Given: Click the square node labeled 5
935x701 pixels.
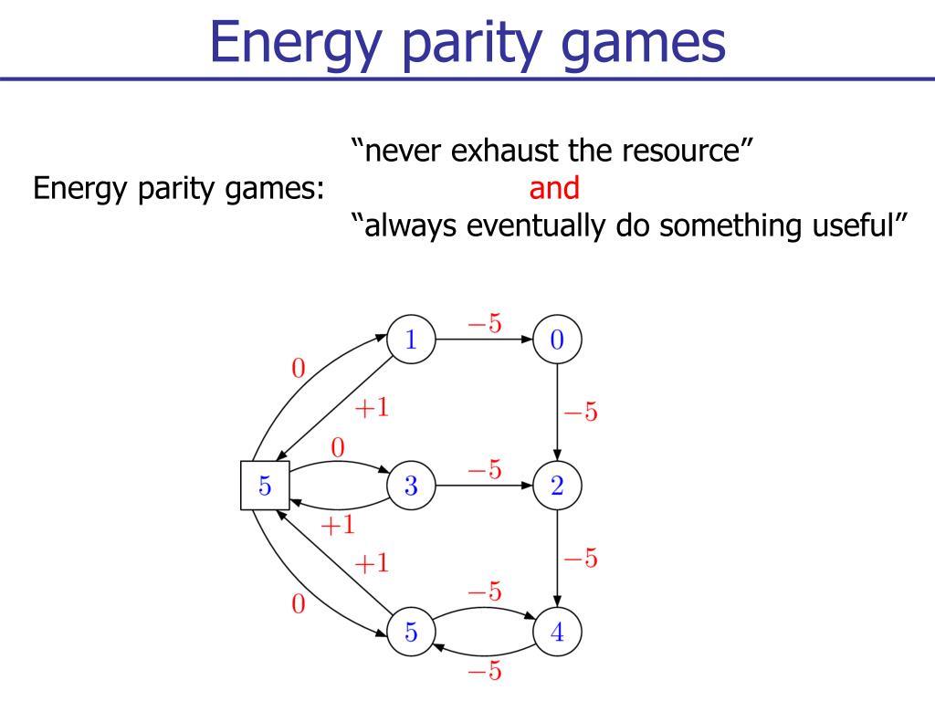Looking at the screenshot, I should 265,487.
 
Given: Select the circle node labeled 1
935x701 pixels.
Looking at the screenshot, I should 411,340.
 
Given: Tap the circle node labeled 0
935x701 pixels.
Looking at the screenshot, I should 557,340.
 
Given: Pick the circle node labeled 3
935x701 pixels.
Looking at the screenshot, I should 411,487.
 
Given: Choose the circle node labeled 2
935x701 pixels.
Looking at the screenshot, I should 557,487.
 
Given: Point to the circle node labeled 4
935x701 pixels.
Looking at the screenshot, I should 557,633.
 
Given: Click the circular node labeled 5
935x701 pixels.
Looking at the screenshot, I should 411,633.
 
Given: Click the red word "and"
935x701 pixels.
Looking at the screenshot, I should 554,188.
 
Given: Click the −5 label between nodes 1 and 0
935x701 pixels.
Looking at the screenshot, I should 484,324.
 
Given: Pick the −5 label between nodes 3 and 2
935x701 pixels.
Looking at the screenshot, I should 484,470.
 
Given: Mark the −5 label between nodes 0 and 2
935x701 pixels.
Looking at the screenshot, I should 580,413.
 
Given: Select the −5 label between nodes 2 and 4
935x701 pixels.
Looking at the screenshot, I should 580,558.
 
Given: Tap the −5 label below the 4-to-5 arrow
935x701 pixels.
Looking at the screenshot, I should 484,672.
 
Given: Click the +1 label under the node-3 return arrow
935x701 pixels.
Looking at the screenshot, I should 336,526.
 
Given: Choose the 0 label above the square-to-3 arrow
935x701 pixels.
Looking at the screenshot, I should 338,448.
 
